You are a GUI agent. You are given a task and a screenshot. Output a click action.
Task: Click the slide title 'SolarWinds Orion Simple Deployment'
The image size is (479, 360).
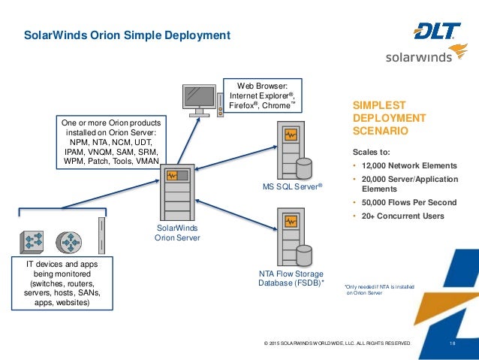(127, 35)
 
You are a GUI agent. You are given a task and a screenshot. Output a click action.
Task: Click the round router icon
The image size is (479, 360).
(70, 242)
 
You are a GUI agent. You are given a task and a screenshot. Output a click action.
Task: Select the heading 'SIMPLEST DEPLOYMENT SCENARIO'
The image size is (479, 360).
(389, 118)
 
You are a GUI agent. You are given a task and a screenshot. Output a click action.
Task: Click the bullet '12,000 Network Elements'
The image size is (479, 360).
(408, 165)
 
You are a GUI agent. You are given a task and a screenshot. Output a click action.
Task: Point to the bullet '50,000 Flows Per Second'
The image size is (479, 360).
(408, 203)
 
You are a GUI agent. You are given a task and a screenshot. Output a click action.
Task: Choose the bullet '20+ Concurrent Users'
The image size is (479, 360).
(404, 216)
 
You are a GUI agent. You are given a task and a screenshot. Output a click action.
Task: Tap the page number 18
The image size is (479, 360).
(453, 343)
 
